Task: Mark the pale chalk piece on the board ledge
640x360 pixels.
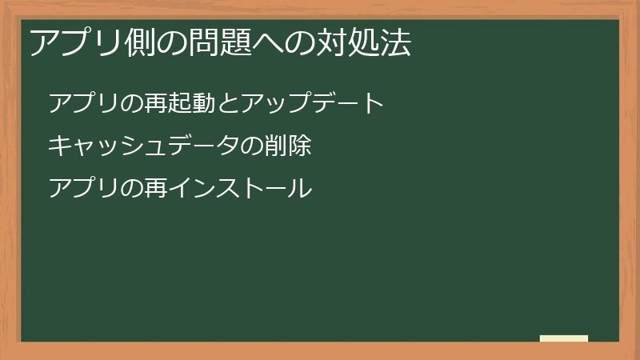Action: point(563,338)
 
